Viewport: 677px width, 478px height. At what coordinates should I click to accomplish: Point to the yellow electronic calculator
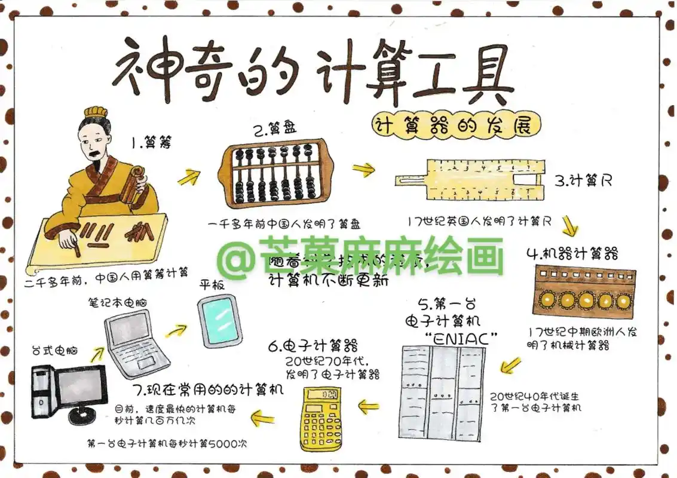pyautogui.click(x=323, y=418)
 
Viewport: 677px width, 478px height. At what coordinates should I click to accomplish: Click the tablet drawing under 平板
pyautogui.click(x=219, y=321)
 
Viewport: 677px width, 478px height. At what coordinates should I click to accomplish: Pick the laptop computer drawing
pyautogui.click(x=136, y=344)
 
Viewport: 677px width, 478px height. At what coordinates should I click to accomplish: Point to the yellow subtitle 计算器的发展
pyautogui.click(x=456, y=125)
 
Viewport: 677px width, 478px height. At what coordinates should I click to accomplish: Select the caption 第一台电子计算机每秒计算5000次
pyautogui.click(x=167, y=444)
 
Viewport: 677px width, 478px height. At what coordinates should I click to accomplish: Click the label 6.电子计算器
pyautogui.click(x=313, y=345)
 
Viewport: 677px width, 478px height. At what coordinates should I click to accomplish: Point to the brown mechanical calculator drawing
pyautogui.click(x=584, y=291)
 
